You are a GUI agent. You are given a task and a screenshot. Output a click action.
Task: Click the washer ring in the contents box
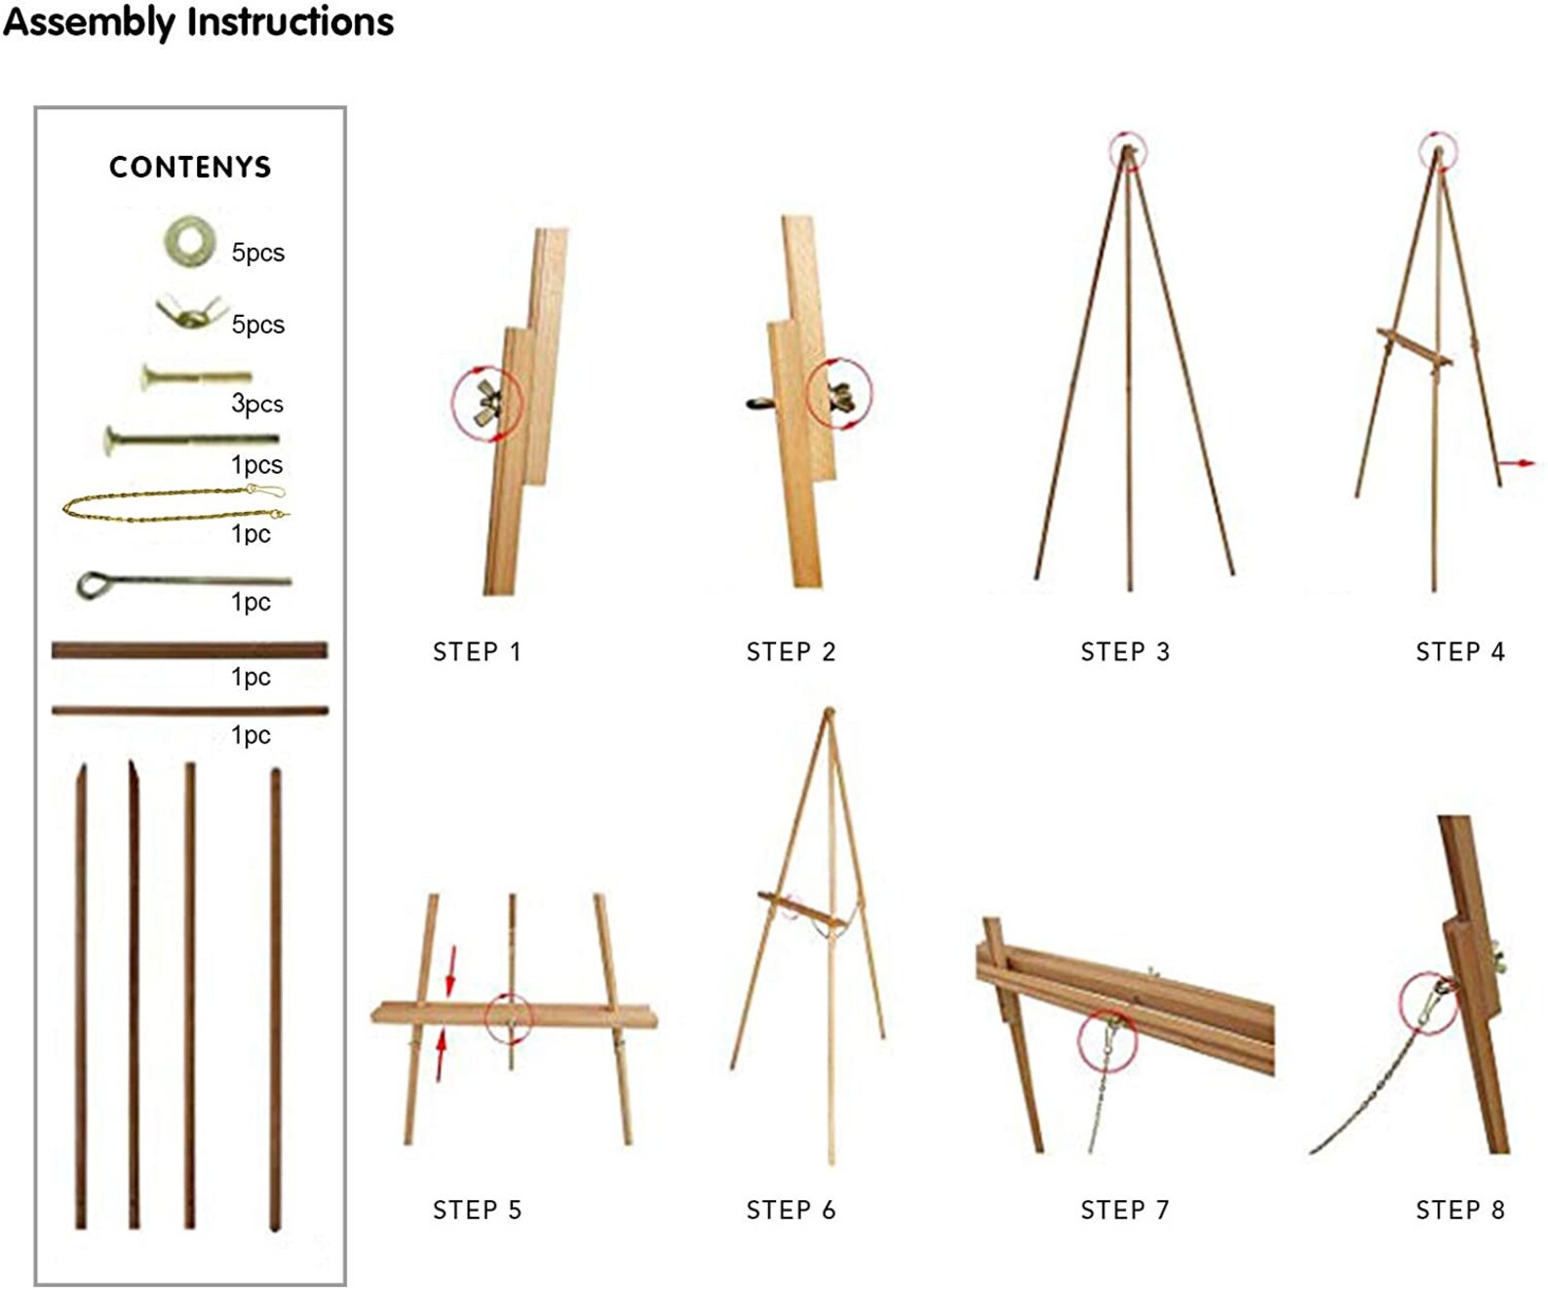pos(190,240)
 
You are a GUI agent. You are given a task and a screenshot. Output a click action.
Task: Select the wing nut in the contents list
pos(191,313)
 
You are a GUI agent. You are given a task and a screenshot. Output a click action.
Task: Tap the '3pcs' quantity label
pos(257,404)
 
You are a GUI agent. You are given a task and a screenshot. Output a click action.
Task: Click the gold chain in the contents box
pos(175,505)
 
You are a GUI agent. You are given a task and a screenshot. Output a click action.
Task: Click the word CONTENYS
pos(190,167)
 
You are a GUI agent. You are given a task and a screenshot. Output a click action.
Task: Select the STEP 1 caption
pos(477,651)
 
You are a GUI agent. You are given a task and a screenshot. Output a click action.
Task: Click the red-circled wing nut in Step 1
pos(486,403)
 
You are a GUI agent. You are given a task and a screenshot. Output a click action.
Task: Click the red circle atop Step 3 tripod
pos(1128,150)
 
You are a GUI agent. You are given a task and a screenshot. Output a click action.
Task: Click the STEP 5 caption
pos(477,1210)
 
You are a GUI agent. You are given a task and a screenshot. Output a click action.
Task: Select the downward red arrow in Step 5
pos(450,969)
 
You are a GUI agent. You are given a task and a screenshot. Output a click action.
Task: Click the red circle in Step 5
pos(509,1018)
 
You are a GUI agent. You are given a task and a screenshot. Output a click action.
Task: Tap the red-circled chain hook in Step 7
pos(1108,1037)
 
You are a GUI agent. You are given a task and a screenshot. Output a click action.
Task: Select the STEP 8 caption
pos(1459,1210)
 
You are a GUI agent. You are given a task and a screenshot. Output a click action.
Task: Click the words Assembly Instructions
pos(198,21)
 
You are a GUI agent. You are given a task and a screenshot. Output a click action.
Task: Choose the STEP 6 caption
pos(791,1210)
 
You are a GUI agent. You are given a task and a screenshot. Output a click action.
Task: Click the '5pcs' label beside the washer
pos(257,253)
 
